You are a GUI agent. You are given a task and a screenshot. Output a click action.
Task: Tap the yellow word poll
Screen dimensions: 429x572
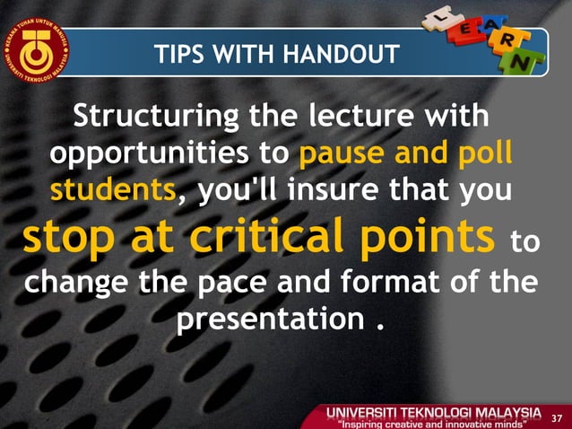(x=484, y=153)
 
